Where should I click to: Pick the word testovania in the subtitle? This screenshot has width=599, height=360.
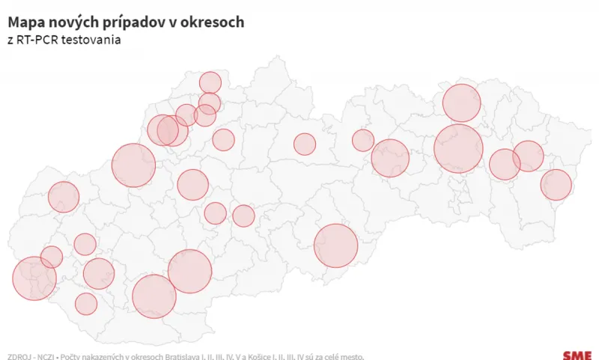coord(94,40)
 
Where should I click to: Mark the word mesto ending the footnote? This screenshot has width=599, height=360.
coord(351,356)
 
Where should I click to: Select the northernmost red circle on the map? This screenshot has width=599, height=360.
coord(210,83)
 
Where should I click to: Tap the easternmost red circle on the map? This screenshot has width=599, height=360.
coord(556,185)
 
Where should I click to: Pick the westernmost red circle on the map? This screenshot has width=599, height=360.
coord(34,278)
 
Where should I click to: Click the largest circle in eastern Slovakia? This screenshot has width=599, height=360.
coord(458,149)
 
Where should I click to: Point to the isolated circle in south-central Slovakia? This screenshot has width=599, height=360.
coord(335,245)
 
